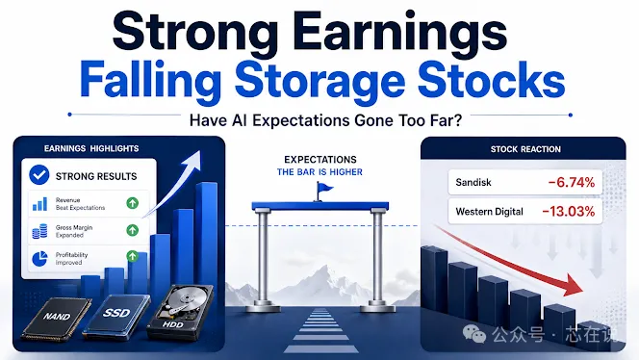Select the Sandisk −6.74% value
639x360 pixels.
pos(572,182)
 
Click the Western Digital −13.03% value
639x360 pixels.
pos(569,211)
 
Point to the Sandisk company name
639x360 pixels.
pos(473,182)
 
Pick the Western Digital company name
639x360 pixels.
pos(489,212)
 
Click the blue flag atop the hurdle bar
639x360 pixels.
pos(324,189)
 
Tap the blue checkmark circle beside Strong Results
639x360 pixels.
pos(39,175)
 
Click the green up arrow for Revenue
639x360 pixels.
pos(132,203)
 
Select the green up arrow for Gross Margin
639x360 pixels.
pos(132,230)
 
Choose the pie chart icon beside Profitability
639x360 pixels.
pos(39,259)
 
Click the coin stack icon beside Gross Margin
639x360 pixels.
pos(39,231)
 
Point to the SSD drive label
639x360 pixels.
pos(116,313)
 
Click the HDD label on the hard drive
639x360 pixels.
pos(173,324)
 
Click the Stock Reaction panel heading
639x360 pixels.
pos(525,149)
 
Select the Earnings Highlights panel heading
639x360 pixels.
pos(91,148)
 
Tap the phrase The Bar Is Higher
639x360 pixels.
pos(319,172)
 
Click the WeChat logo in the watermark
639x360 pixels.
pos(474,334)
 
